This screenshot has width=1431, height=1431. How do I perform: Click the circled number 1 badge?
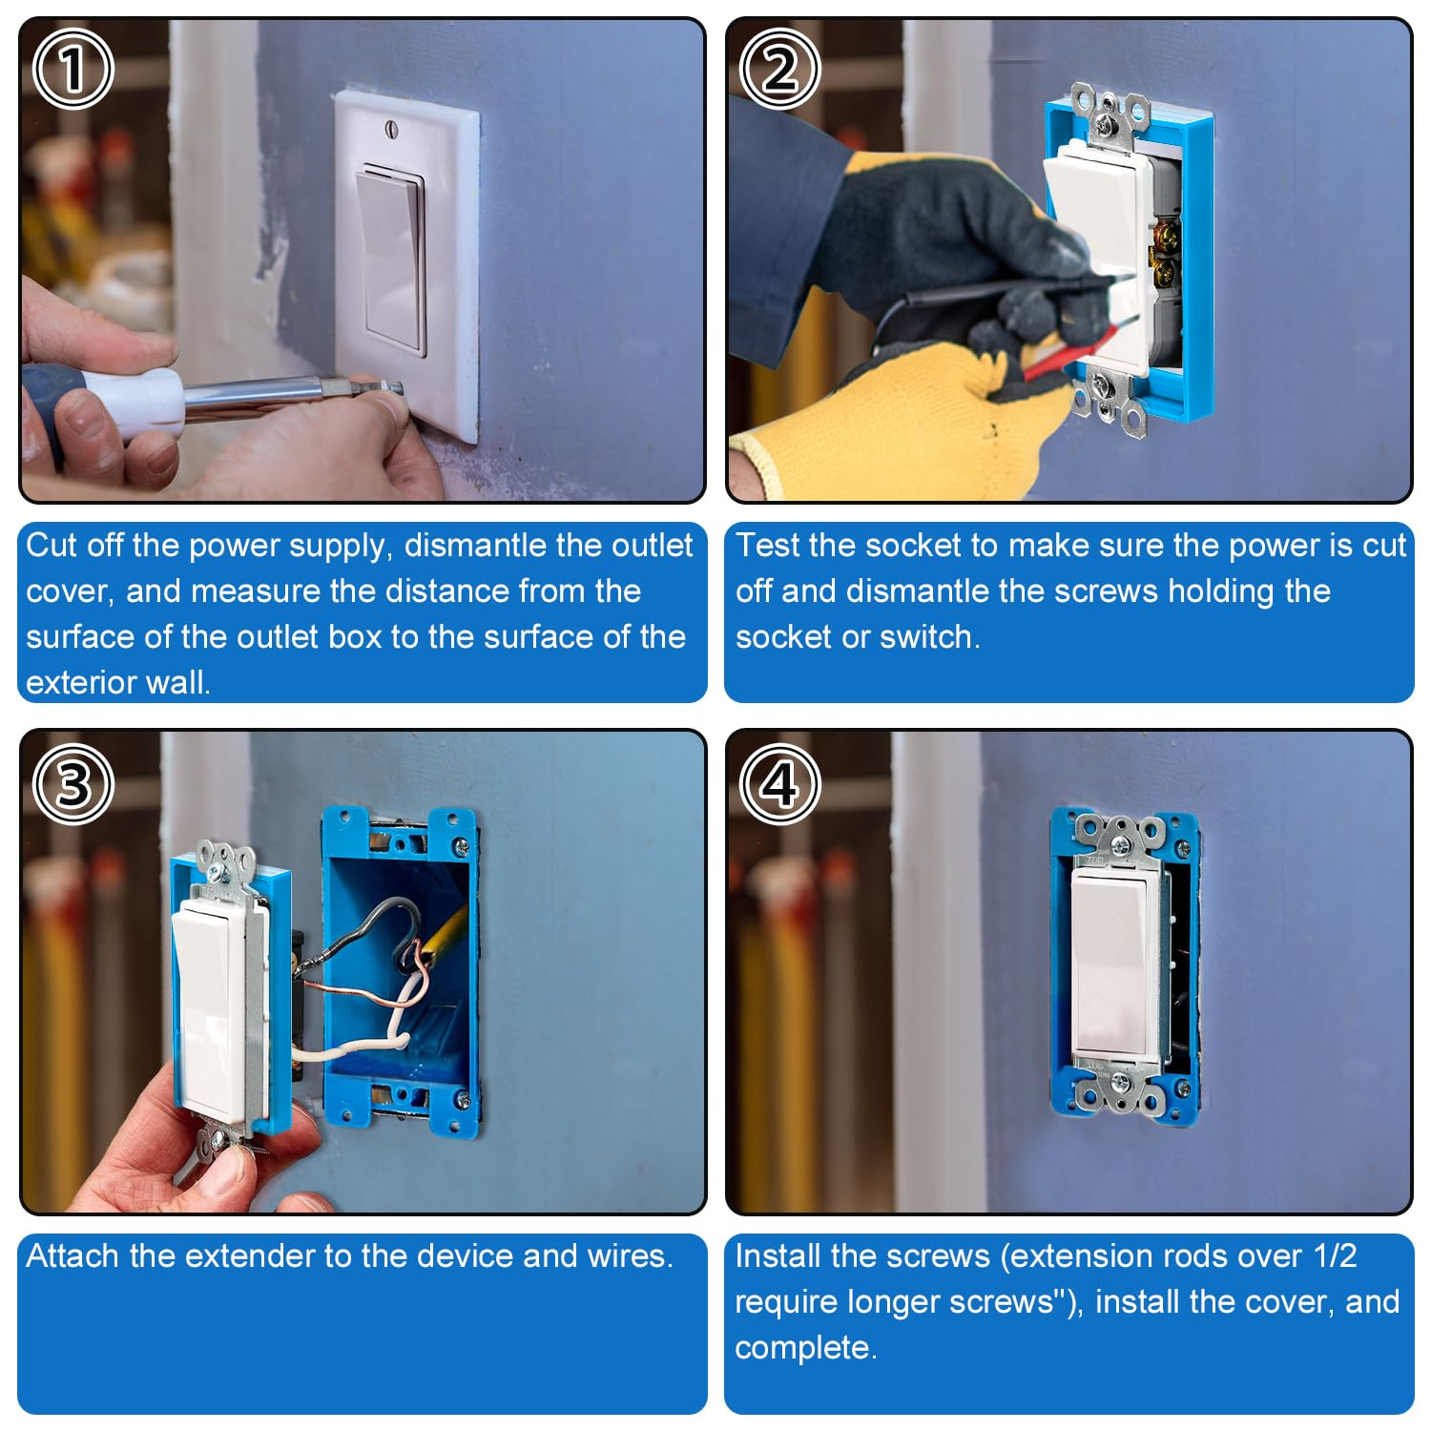73,69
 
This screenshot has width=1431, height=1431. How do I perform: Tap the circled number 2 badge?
779,69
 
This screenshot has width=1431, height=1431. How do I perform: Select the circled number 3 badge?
73,784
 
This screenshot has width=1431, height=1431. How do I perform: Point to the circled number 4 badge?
779,784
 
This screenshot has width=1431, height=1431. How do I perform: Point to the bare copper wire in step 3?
363,992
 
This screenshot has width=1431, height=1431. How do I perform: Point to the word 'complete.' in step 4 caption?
805,1348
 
